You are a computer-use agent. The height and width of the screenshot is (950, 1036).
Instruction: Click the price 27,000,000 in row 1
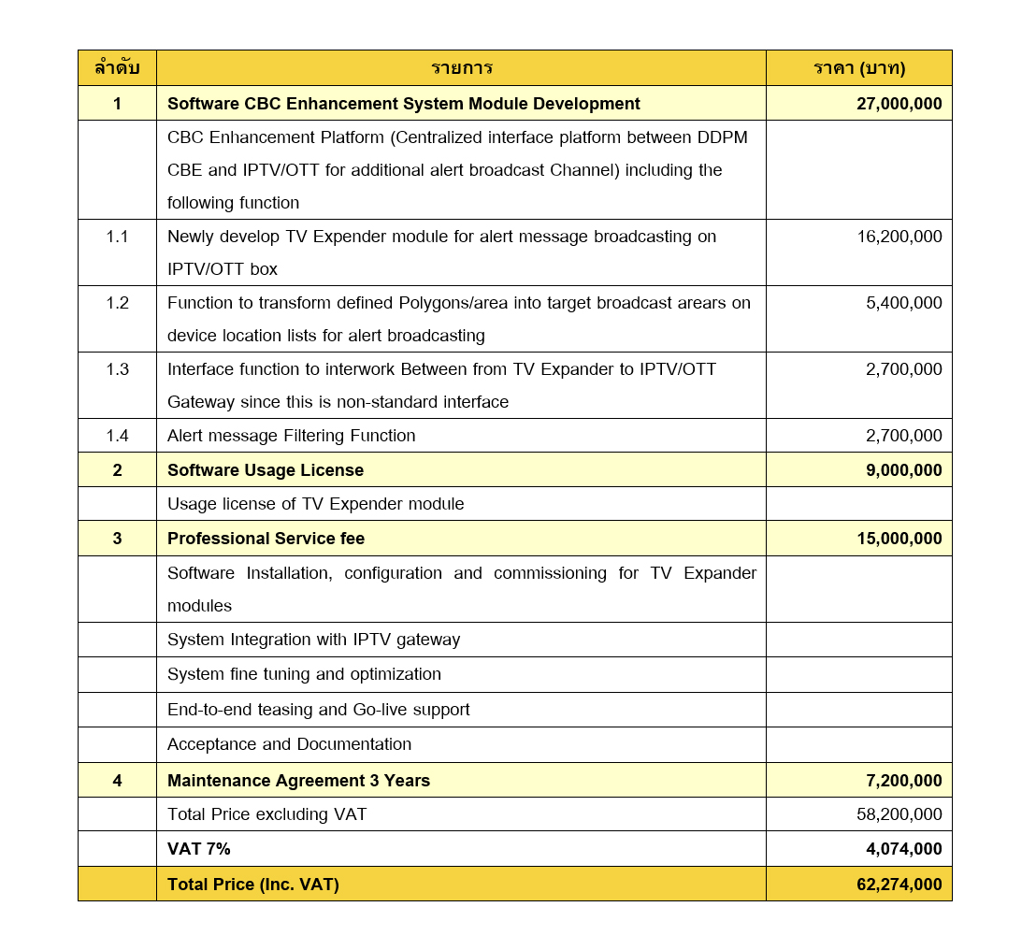[899, 104]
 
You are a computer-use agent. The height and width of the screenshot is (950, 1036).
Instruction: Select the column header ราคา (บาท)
[858, 68]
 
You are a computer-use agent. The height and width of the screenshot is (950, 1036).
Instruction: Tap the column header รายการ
[461, 68]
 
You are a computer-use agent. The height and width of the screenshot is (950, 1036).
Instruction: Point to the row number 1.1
[117, 237]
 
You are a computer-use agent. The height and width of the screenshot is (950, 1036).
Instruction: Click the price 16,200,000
[899, 237]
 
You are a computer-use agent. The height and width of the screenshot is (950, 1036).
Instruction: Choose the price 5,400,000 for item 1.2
[903, 303]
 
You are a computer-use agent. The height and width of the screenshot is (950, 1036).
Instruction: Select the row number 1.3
[117, 369]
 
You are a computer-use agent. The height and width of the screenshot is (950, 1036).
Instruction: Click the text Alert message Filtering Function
[291, 436]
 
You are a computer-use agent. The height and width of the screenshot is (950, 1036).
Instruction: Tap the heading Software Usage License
[265, 470]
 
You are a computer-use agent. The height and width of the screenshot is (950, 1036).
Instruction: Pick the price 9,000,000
[903, 470]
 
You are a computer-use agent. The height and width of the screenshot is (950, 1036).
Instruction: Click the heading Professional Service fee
[266, 539]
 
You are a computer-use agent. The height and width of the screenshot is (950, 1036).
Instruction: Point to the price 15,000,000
[899, 539]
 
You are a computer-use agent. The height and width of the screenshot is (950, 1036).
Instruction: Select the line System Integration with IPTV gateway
[313, 640]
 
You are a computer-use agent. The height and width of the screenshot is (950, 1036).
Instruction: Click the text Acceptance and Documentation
[289, 744]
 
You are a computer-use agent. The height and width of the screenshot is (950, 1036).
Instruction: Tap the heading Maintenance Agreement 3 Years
[298, 781]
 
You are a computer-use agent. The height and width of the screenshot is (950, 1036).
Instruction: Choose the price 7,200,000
[903, 781]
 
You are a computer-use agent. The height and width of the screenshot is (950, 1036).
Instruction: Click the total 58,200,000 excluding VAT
[899, 814]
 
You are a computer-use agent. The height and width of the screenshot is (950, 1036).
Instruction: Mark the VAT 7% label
[198, 849]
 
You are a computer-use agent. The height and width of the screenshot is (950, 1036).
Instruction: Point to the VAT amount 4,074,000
[903, 849]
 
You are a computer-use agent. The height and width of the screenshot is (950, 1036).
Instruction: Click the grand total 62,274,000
[899, 885]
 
